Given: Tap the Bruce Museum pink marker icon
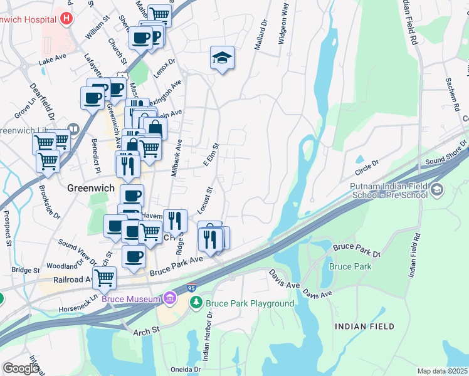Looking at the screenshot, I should (169, 299).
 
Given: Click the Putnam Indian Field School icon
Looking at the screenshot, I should (438, 189).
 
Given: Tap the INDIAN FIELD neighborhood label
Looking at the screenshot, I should (364, 326).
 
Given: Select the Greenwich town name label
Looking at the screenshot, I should (89, 187).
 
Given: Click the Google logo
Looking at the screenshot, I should (21, 368).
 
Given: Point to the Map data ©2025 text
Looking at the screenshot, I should (443, 371).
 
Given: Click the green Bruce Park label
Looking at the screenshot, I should (350, 266).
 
